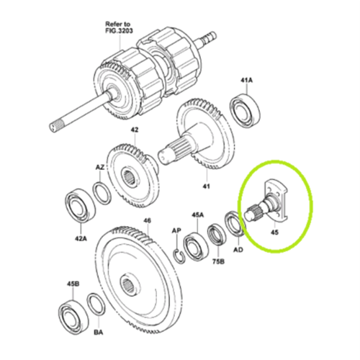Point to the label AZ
(x=101, y=166)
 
